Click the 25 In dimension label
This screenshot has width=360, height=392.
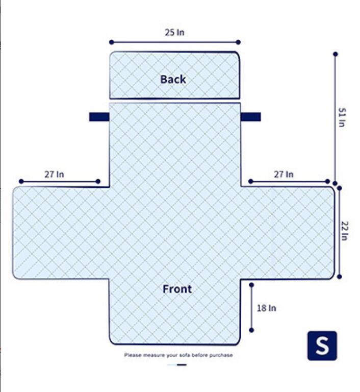coord(174,32)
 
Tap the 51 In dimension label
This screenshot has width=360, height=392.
coord(342,117)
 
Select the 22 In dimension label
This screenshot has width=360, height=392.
coord(345,231)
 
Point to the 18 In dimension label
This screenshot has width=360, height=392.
coord(267,308)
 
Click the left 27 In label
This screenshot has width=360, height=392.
coord(54,174)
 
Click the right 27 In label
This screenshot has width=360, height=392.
coord(284,174)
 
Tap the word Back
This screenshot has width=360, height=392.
coord(173,80)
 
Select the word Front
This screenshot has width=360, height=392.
coord(177,289)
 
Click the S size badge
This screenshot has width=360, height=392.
coord(322,346)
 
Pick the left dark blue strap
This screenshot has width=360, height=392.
coord(99,117)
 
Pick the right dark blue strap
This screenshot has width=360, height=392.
coord(250,117)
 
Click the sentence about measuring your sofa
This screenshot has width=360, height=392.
coord(178,355)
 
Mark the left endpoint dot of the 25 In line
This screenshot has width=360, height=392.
coord(112,42)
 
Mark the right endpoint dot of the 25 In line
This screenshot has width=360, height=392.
coord(238,42)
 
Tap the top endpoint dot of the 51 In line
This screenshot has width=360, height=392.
coord(335,54)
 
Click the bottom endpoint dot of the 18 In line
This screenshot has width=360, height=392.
coord(251,330)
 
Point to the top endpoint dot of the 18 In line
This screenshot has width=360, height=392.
coord(251,285)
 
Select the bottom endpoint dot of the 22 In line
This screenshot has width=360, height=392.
coord(339,277)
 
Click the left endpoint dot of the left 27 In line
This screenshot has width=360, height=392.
coord(21,181)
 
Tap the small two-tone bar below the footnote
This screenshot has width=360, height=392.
coord(177,365)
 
